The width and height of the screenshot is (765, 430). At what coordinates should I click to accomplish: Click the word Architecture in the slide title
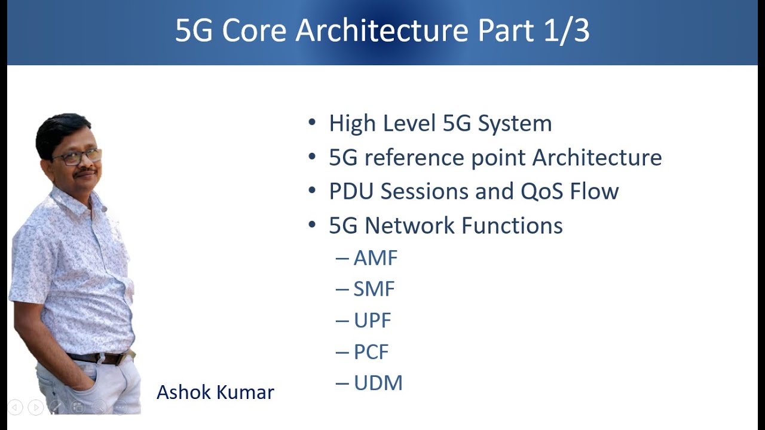381,30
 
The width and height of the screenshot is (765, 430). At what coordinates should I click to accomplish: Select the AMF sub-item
375,258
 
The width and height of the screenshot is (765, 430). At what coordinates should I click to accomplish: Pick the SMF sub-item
374,289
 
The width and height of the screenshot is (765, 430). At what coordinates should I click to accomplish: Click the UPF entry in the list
372,321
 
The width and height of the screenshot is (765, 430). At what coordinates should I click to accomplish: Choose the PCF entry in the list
371,352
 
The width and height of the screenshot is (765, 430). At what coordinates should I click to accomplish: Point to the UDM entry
378,383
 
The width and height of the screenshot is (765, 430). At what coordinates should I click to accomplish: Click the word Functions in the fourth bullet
512,226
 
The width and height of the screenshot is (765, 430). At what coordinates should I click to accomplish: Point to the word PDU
351,191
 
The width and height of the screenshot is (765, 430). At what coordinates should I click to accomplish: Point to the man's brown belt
99,358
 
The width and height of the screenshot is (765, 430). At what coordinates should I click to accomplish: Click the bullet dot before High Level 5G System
311,123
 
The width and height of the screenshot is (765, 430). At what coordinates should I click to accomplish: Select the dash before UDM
342,383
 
